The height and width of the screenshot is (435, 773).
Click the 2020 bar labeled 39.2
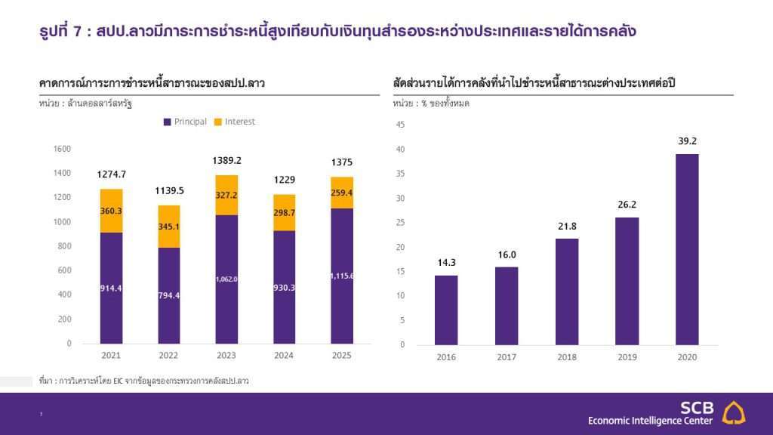[686, 249]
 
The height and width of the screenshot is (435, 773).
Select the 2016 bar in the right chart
[445, 310]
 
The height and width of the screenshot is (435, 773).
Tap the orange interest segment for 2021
[111, 211]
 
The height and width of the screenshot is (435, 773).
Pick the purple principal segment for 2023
[226, 279]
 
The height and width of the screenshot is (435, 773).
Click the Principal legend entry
[185, 122]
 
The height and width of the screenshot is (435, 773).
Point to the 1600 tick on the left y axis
[62, 149]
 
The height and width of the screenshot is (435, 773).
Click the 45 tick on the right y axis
[400, 125]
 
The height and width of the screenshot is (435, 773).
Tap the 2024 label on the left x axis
[285, 355]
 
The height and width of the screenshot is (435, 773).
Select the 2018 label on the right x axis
[566, 356]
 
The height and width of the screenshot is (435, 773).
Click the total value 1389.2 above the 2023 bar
[227, 161]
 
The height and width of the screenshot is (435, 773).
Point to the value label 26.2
[627, 205]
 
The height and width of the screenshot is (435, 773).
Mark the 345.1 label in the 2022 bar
[169, 226]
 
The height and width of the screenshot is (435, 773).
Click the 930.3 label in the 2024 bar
[285, 288]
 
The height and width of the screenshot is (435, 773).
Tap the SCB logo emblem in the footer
[734, 412]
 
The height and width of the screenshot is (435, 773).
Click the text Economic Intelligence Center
[650, 421]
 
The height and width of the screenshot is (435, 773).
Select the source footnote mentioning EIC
[143, 381]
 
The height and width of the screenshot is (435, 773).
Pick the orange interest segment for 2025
[342, 193]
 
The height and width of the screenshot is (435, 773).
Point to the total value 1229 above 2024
[285, 180]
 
